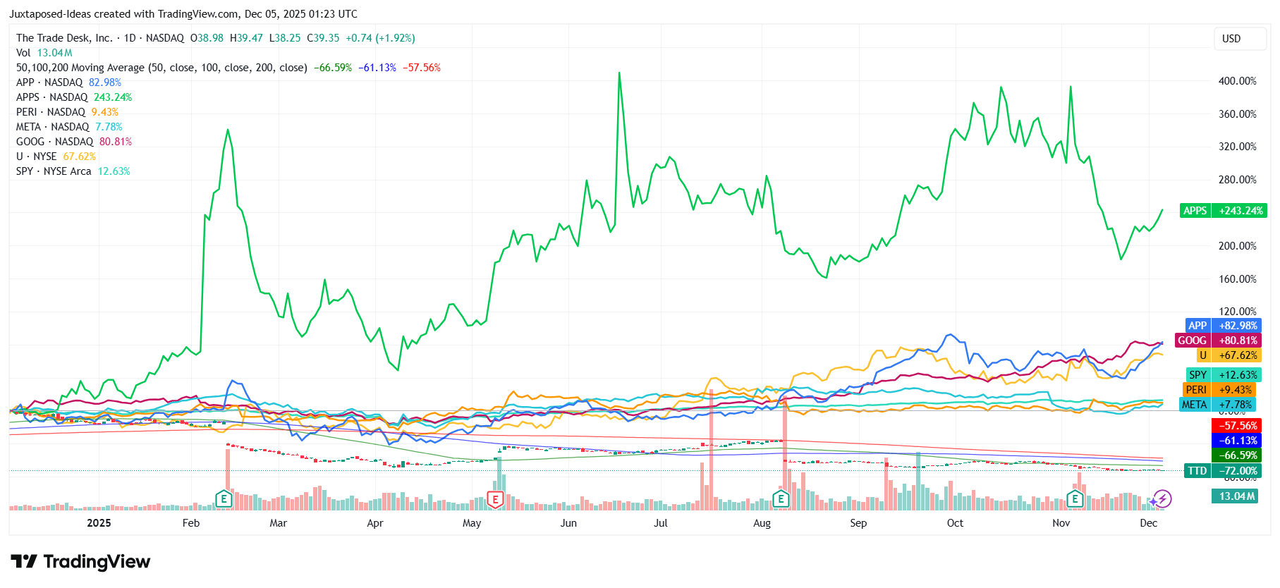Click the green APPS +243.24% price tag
(1224, 211)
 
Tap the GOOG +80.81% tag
(1217, 341)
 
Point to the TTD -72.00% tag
(1224, 471)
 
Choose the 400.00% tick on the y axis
(1237, 81)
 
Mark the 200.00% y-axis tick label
(1237, 246)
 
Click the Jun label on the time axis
(568, 523)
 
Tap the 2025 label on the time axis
(99, 523)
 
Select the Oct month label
(955, 523)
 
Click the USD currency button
(1231, 39)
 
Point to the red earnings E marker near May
(496, 500)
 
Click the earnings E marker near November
(1075, 500)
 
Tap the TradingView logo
(80, 562)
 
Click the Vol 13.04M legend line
(44, 53)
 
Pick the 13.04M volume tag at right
(1237, 496)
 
